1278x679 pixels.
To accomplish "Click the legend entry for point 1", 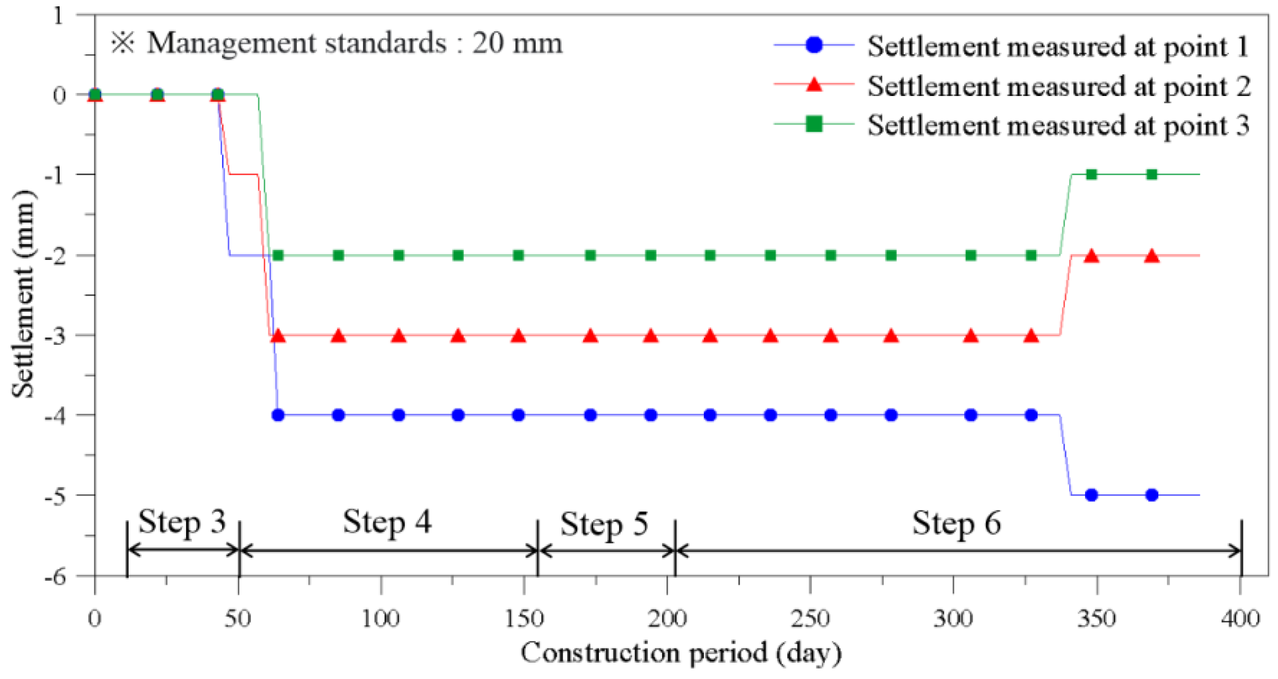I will tap(1058, 46).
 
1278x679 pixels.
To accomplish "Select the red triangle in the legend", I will tap(814, 84).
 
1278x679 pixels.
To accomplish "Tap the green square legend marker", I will tap(814, 124).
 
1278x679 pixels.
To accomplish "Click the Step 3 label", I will tap(182, 522).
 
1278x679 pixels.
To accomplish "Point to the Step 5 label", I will tap(604, 525).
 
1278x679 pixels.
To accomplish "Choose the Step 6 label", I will tap(956, 523).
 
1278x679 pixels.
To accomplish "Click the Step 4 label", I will tap(387, 522).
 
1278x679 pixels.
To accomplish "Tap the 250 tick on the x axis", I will tap(810, 618).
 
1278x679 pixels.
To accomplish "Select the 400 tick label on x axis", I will tap(1240, 618).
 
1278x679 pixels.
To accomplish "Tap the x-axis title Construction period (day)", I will tap(681, 653).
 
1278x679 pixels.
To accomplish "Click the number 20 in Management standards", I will tap(488, 43).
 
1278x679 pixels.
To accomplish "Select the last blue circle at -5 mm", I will tap(1152, 495).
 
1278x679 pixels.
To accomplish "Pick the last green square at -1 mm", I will tap(1152, 174).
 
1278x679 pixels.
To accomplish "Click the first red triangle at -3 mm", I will tap(278, 336).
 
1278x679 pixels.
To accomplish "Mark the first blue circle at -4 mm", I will tap(278, 415).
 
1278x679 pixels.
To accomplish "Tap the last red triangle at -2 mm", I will tap(1152, 257).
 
